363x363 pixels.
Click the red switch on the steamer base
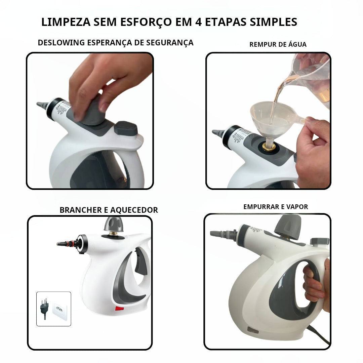[x=119, y=308]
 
